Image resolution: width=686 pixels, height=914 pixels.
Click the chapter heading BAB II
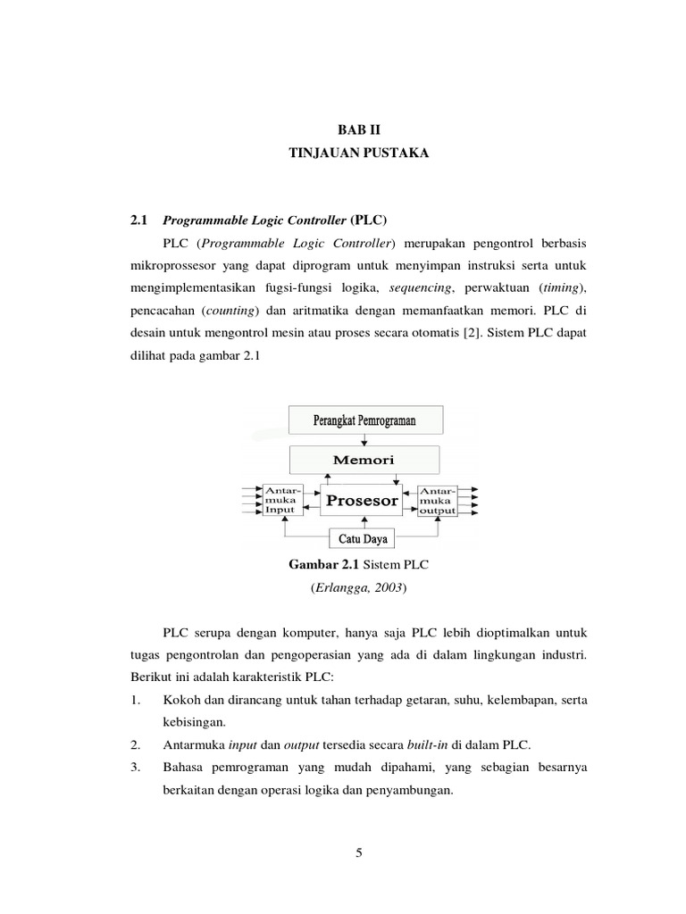[x=357, y=129]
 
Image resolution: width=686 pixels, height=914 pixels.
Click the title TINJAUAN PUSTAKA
[x=357, y=154]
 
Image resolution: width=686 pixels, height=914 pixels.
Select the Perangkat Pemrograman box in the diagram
[x=364, y=420]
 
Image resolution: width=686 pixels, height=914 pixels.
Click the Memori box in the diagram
[x=364, y=460]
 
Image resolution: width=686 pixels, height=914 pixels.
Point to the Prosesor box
[x=362, y=501]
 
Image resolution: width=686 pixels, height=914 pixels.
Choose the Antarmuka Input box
[x=283, y=500]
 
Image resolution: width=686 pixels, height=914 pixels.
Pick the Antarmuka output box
[x=438, y=500]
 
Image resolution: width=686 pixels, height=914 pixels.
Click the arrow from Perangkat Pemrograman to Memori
[x=364, y=441]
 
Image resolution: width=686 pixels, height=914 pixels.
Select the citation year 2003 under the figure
[x=390, y=589]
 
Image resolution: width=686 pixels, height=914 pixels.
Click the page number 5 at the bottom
[x=358, y=852]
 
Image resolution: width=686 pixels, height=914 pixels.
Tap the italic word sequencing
[x=421, y=287]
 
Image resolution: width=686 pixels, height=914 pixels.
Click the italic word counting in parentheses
[x=231, y=312]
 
